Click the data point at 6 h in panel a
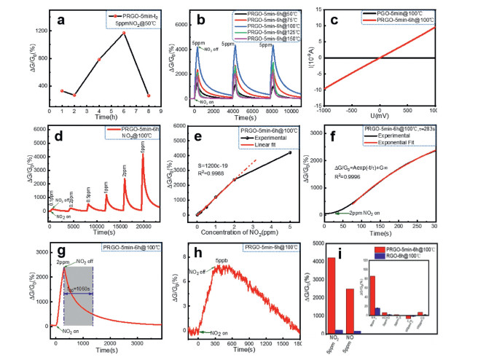[x=125, y=33]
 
